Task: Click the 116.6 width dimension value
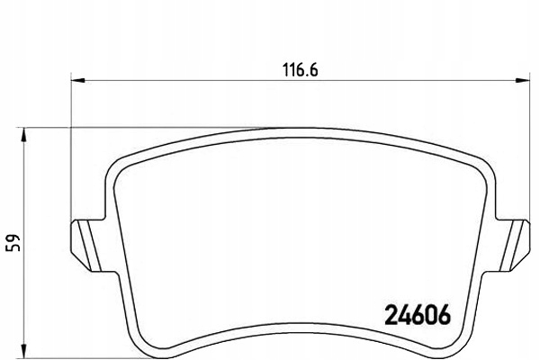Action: [x=296, y=68]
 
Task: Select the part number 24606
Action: [x=418, y=316]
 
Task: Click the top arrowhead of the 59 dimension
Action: [x=24, y=133]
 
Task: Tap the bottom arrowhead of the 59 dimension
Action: [x=24, y=347]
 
